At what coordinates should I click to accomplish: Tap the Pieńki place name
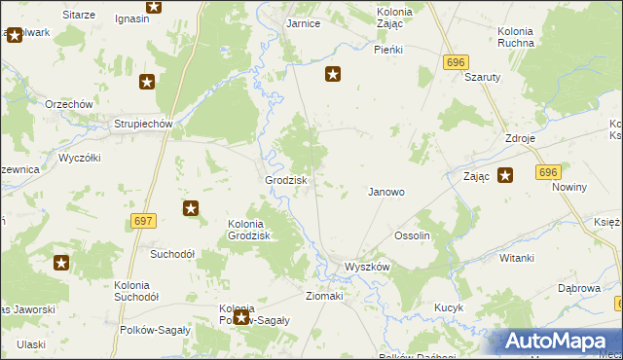point(388,49)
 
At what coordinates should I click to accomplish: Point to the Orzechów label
point(68,104)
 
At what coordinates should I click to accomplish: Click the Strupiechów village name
point(143,124)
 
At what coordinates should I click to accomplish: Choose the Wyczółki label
point(80,157)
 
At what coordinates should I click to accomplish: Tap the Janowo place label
point(385,192)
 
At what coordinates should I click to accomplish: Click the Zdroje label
point(520,138)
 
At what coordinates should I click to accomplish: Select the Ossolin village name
point(412,235)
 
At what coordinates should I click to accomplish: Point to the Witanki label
point(517,258)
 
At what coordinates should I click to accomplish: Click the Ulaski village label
point(31,344)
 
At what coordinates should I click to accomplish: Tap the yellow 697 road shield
point(143,222)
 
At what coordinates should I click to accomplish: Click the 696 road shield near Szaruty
point(454,61)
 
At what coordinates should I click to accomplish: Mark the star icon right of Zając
point(505,176)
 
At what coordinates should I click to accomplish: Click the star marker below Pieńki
point(333,73)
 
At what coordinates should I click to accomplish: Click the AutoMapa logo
point(560,342)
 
